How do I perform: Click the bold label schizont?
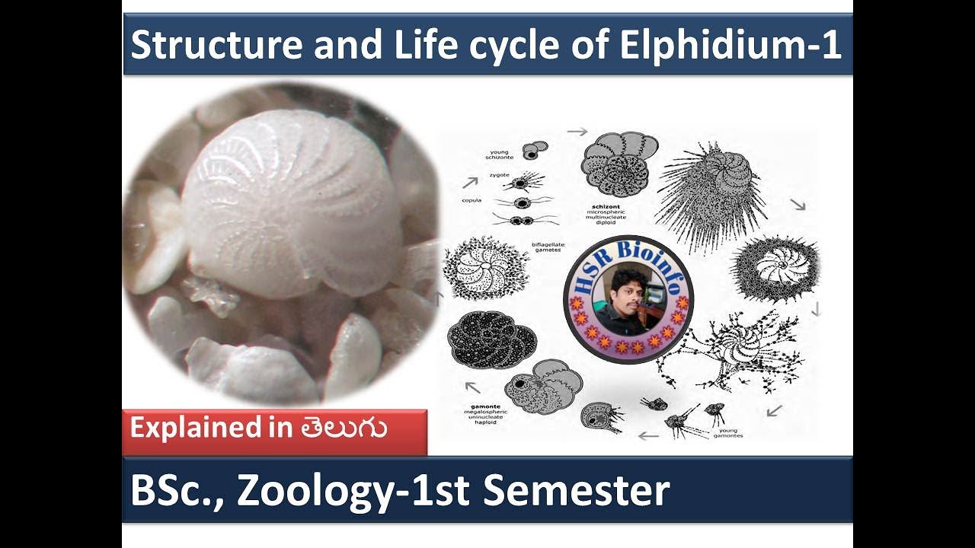(607, 206)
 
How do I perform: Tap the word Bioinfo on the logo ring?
(656, 259)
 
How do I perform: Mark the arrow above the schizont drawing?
(577, 132)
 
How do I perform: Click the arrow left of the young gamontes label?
(648, 436)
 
